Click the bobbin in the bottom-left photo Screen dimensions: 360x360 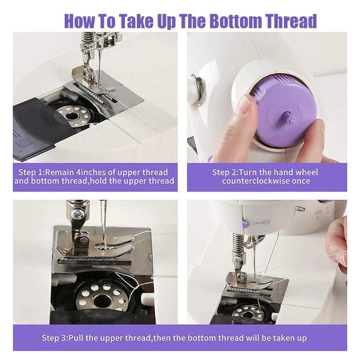click(x=101, y=297)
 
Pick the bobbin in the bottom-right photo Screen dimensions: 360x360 click(x=250, y=311)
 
